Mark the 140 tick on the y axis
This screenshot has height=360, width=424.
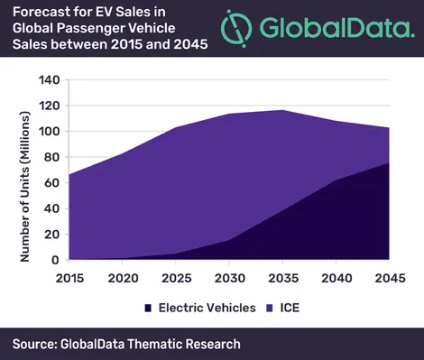click(x=49, y=80)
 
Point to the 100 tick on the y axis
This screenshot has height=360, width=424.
click(x=49, y=132)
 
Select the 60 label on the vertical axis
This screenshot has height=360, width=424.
click(x=52, y=183)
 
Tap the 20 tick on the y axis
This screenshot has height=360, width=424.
click(x=52, y=235)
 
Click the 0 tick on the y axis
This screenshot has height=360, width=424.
click(x=56, y=260)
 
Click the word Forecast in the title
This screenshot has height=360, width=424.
click(x=36, y=12)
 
